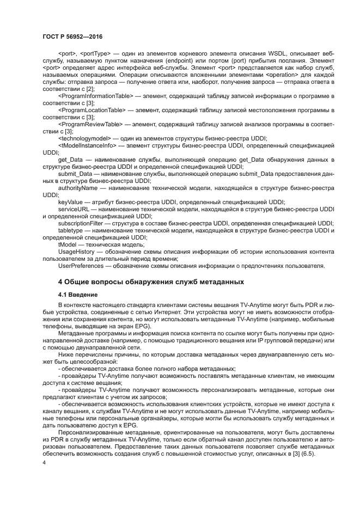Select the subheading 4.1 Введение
77,294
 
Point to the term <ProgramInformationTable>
95,96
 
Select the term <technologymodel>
84,138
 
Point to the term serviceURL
72,209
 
